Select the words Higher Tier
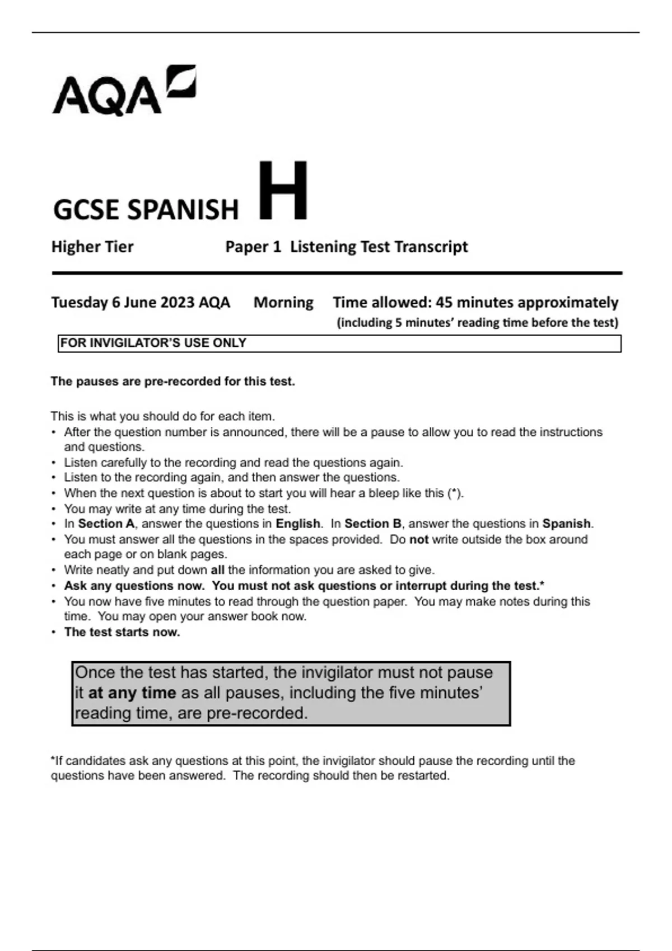pyautogui.click(x=92, y=247)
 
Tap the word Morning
pyautogui.click(x=283, y=303)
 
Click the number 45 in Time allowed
pyautogui.click(x=444, y=303)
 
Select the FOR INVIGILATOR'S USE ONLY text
pyautogui.click(x=153, y=343)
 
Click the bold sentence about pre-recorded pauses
pyautogui.click(x=172, y=382)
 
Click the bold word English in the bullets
pyautogui.click(x=297, y=524)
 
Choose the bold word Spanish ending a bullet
pyautogui.click(x=566, y=524)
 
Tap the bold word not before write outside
pyautogui.click(x=419, y=540)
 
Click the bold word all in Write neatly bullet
pyautogui.click(x=217, y=570)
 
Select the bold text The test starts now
pyautogui.click(x=122, y=632)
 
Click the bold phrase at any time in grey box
pyautogui.click(x=132, y=693)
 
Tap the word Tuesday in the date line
pyautogui.click(x=79, y=303)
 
